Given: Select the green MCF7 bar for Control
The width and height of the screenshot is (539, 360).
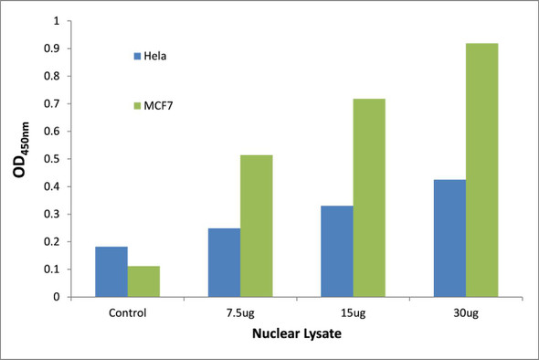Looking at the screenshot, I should (x=143, y=281).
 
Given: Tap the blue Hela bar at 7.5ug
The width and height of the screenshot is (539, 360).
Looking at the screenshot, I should (x=225, y=262).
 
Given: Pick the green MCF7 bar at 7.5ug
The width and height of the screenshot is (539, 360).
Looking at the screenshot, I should (x=257, y=226).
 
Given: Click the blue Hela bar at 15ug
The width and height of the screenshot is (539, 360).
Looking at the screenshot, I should (x=337, y=251).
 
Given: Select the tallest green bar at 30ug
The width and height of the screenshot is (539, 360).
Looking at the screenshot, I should (x=482, y=170).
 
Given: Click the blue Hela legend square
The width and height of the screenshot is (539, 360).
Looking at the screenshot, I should (x=137, y=57).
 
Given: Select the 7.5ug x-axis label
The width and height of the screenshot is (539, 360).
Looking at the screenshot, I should (x=240, y=312).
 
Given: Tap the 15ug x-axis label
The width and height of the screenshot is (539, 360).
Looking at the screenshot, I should (x=353, y=312).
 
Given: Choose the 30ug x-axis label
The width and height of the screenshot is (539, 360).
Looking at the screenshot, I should (x=466, y=312).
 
